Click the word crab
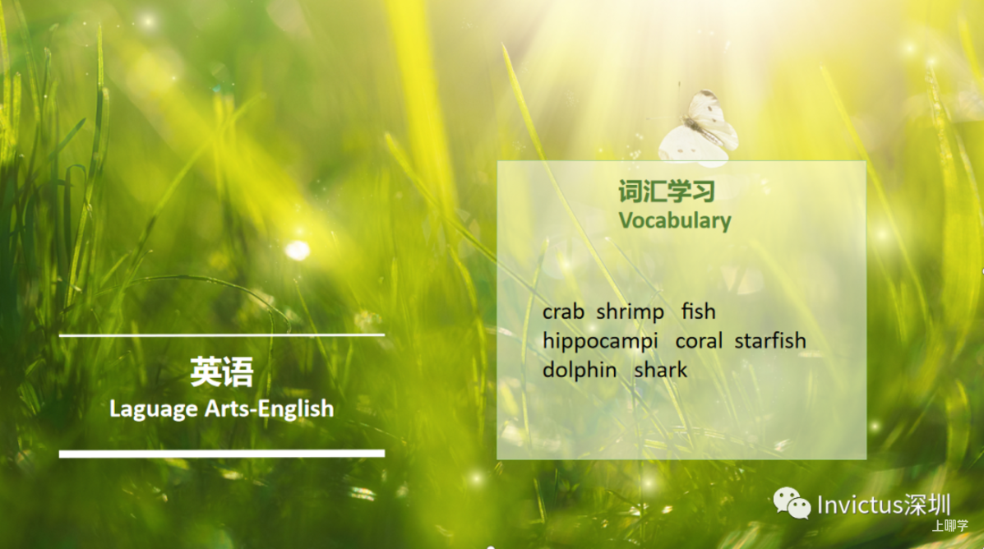tap(563, 311)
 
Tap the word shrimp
tap(630, 312)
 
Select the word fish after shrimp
tap(699, 311)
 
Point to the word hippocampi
tap(600, 342)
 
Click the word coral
tap(699, 341)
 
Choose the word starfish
tap(770, 341)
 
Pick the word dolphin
tap(580, 370)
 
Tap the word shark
tap(660, 370)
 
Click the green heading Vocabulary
tap(675, 221)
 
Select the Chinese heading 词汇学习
tap(667, 191)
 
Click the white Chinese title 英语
tap(221, 372)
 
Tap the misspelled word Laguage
tap(154, 409)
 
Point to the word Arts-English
tap(270, 408)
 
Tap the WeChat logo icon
tap(792, 503)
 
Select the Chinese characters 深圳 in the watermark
tap(927, 505)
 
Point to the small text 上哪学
tap(949, 526)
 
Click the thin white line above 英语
tap(221, 335)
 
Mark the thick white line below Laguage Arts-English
tap(221, 453)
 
